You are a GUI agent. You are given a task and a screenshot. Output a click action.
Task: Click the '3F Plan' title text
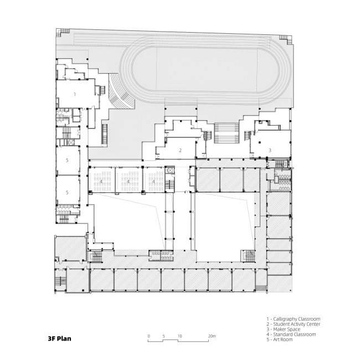(x=59, y=338)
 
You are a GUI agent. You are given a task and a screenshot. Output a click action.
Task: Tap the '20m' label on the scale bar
(x=212, y=336)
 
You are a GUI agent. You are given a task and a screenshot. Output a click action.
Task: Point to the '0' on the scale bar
(x=149, y=336)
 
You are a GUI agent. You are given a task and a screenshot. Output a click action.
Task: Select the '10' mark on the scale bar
(x=179, y=336)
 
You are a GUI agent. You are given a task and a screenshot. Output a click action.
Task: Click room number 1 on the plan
(x=75, y=94)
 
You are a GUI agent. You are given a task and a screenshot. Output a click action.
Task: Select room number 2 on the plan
(x=180, y=151)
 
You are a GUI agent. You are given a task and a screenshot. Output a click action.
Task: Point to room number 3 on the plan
(x=270, y=150)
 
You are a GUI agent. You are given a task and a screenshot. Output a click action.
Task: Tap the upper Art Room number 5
(x=67, y=160)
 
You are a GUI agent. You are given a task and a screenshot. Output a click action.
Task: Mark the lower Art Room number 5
(x=67, y=192)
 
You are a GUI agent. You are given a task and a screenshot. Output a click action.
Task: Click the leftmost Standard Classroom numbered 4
(x=101, y=182)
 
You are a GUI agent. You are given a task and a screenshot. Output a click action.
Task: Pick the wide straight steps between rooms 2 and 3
(x=227, y=133)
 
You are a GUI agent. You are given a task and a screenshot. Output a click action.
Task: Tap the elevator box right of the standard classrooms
(x=169, y=171)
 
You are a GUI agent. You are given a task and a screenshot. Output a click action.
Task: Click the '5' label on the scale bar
(x=164, y=336)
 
